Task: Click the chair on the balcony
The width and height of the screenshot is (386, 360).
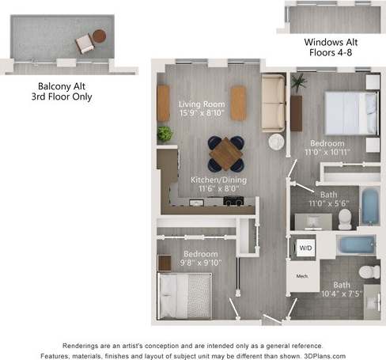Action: click(x=84, y=44)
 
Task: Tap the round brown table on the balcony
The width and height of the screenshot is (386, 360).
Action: click(x=99, y=36)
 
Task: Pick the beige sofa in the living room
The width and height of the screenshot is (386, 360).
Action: click(x=274, y=104)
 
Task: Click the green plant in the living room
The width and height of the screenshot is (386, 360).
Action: click(x=165, y=134)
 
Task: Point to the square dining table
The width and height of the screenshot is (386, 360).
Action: click(x=226, y=153)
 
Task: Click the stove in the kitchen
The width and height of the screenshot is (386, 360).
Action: click(x=233, y=202)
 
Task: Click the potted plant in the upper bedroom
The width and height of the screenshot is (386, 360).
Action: click(x=298, y=82)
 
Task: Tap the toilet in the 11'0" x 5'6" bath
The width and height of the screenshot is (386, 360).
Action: click(x=346, y=218)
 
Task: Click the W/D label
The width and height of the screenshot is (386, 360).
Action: click(x=305, y=248)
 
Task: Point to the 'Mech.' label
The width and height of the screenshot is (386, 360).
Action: click(x=301, y=277)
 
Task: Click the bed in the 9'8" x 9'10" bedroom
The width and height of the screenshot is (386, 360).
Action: click(x=184, y=295)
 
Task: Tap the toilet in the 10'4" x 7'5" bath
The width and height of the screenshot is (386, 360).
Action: click(x=369, y=271)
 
